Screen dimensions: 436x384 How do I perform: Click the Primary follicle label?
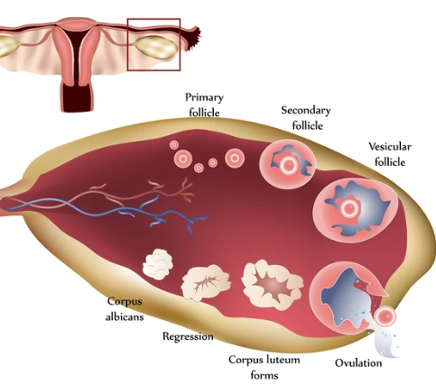204,105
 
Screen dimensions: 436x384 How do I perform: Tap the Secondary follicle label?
306,118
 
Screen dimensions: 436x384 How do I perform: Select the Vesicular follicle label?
390,154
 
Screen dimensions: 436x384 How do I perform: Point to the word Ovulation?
358,363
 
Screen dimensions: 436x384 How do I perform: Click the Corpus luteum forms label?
264,367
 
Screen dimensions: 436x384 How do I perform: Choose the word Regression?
188,336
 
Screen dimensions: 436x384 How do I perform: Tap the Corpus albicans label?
125,309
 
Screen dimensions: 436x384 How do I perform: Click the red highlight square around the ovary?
127,45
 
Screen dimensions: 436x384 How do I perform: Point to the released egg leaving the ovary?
385,316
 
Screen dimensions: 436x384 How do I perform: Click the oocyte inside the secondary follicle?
289,164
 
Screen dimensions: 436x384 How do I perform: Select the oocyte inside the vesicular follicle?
349,207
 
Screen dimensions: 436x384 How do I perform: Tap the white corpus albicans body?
158,264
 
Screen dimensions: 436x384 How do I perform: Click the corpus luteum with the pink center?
273,285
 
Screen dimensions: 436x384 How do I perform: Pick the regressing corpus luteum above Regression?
206,282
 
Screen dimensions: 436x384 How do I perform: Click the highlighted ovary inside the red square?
155,47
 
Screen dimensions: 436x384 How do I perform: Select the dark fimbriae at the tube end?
193,39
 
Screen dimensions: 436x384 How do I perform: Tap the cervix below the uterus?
77,96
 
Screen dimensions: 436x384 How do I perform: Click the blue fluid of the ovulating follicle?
346,300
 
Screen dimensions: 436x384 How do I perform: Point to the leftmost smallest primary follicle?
174,145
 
